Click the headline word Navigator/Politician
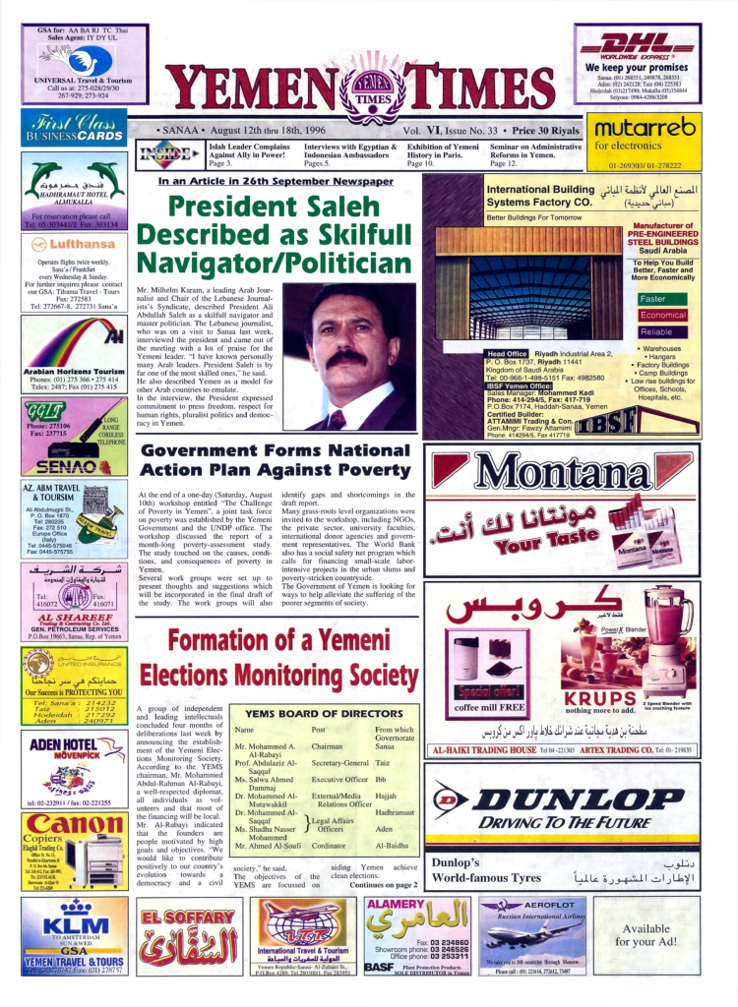pyautogui.click(x=273, y=265)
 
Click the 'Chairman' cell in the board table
pyautogui.click(x=327, y=746)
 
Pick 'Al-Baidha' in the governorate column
pyautogui.click(x=392, y=845)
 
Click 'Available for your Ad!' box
pyautogui.click(x=646, y=935)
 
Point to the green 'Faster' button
pyautogui.click(x=653, y=299)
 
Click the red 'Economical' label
pyautogui.click(x=662, y=316)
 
